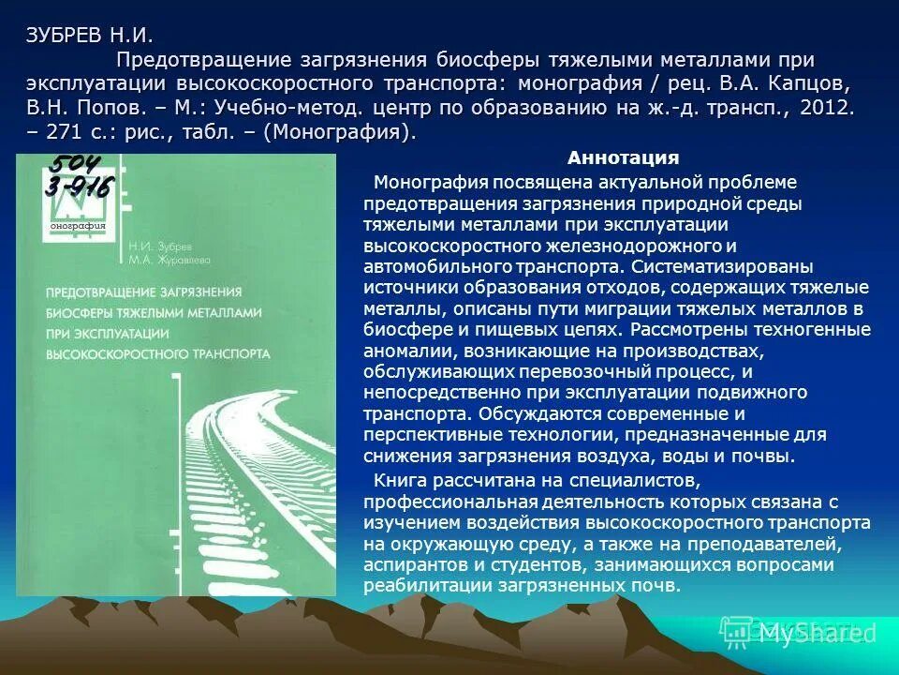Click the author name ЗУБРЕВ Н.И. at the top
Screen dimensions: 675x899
click(89, 37)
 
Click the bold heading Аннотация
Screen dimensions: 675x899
click(623, 157)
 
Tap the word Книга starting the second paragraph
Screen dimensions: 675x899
click(400, 480)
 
